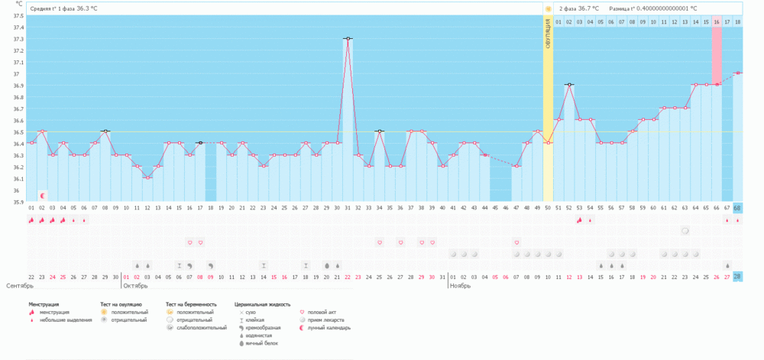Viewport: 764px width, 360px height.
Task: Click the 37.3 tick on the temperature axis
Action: pyautogui.click(x=17, y=39)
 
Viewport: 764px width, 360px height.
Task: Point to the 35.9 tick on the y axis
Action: pyautogui.click(x=17, y=202)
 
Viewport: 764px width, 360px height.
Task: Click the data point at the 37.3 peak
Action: pyautogui.click(x=348, y=38)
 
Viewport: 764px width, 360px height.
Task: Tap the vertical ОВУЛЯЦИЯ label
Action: pyautogui.click(x=548, y=34)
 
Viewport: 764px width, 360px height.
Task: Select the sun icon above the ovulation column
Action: pyautogui.click(x=548, y=8)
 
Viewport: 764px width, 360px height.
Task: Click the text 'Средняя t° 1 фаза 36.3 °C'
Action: pyautogui.click(x=64, y=8)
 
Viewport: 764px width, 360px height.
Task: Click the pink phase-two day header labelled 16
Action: pyautogui.click(x=717, y=21)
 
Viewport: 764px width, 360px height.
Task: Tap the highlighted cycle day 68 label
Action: pyautogui.click(x=737, y=208)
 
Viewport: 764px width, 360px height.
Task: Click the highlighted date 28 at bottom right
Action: pyautogui.click(x=737, y=277)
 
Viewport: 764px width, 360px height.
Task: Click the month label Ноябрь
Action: pyautogui.click(x=460, y=285)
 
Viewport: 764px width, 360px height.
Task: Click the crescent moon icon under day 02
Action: pyautogui.click(x=43, y=196)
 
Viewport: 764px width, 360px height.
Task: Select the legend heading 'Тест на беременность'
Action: pyautogui.click(x=191, y=304)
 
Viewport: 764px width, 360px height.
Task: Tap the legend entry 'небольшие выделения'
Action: pyautogui.click(x=66, y=320)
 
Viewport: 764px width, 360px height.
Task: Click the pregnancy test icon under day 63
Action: pyautogui.click(x=685, y=230)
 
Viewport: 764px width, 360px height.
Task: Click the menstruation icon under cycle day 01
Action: pyautogui.click(x=31, y=220)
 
